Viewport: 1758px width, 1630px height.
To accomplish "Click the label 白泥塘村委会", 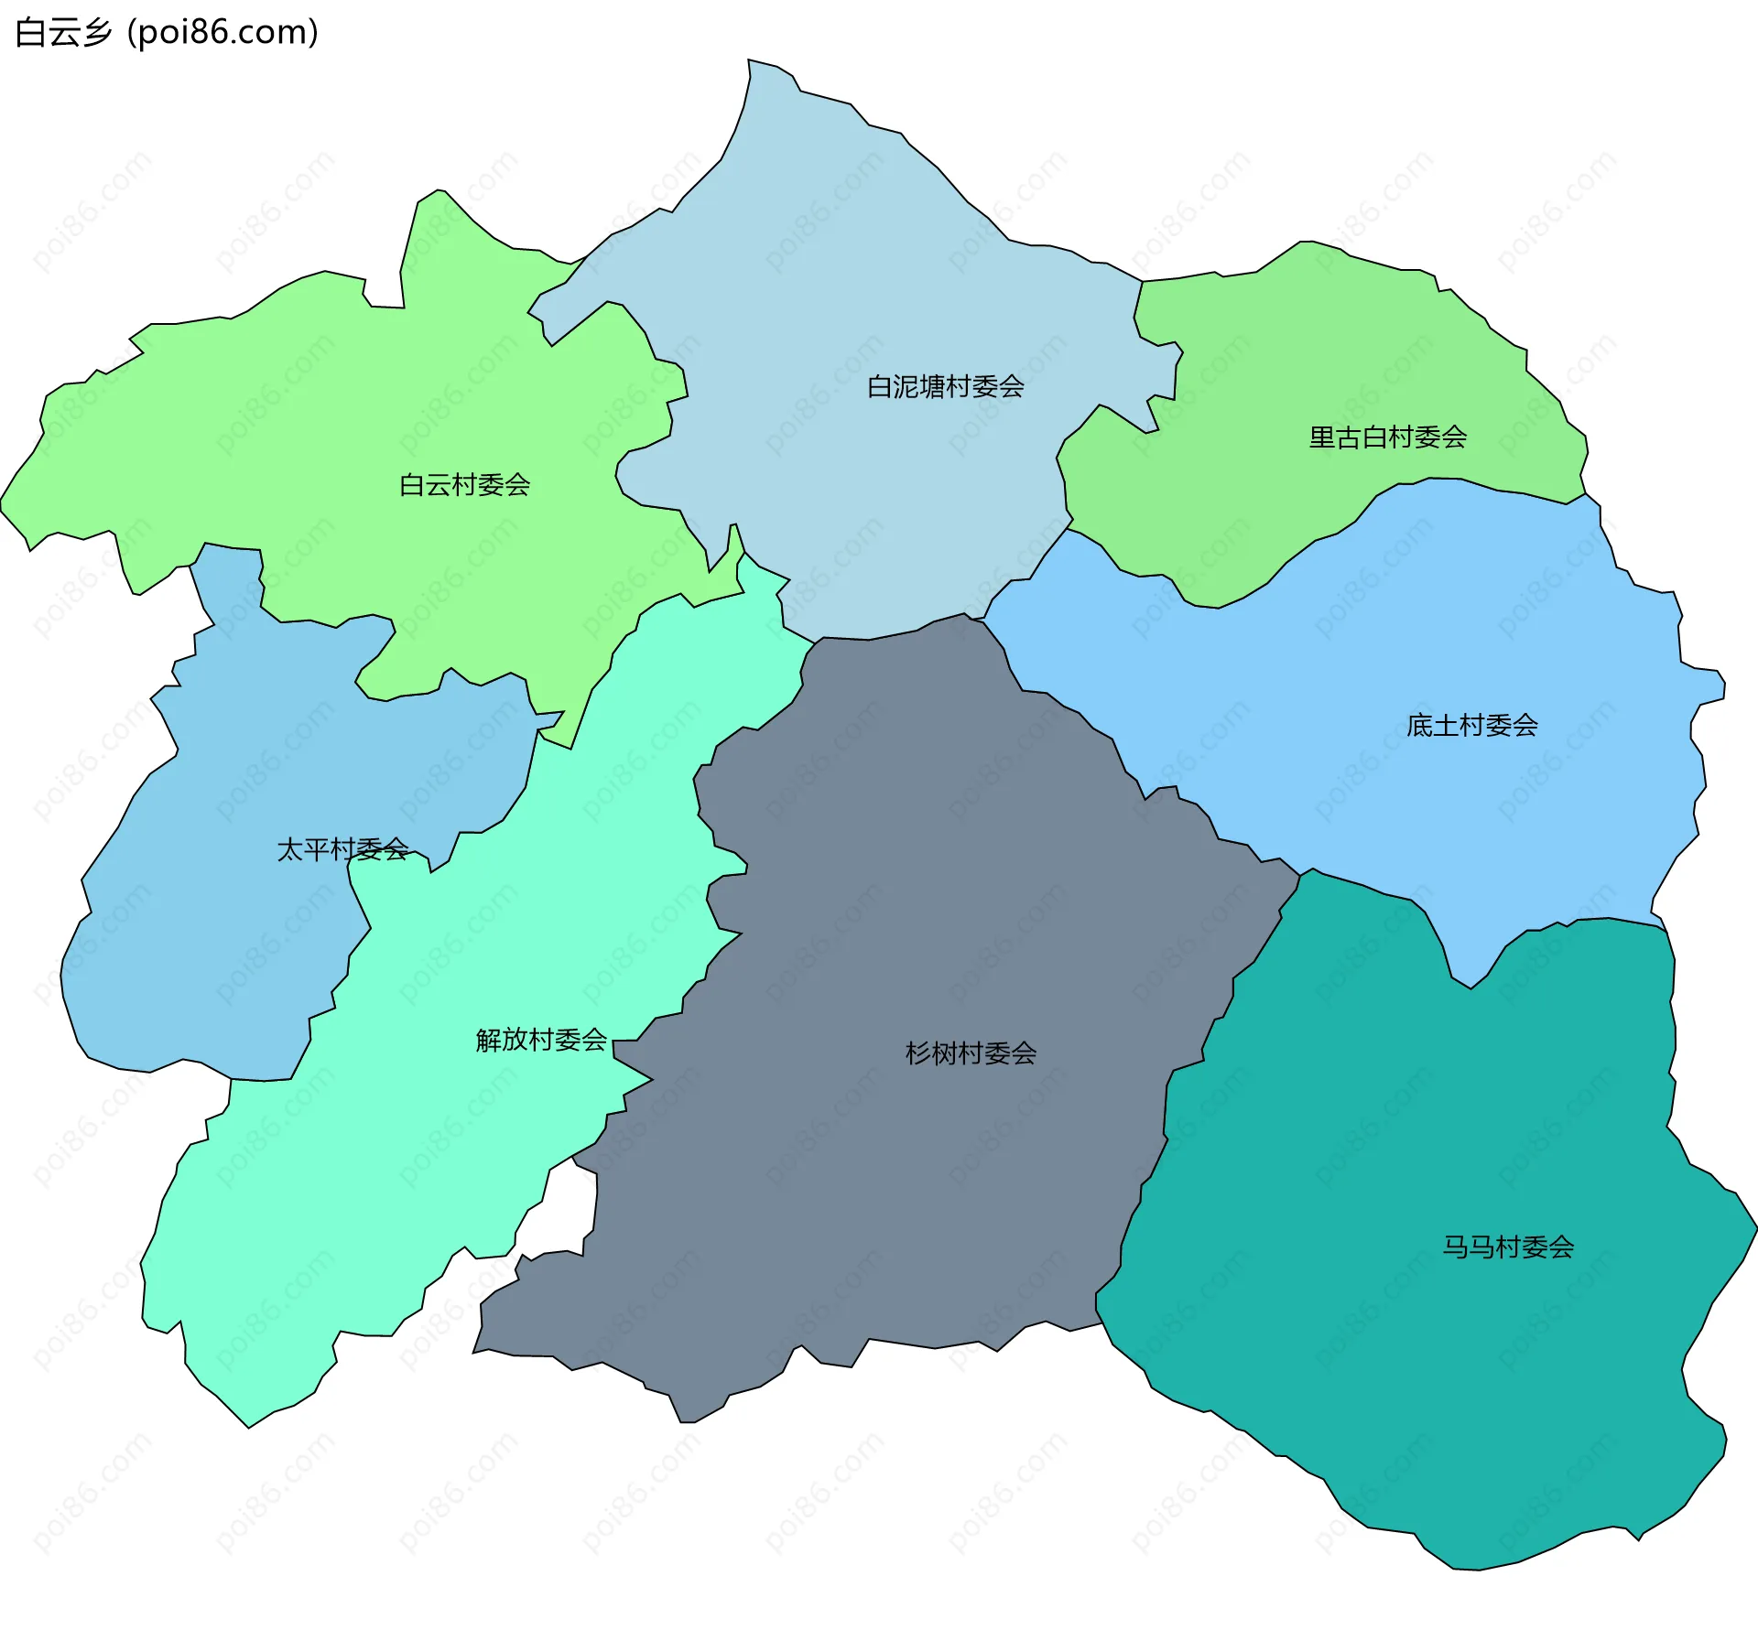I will coord(945,387).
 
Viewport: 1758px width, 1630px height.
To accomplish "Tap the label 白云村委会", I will coord(464,485).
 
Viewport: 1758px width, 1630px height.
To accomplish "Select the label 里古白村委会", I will coord(1387,437).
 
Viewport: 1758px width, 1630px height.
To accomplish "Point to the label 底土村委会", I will coord(1471,726).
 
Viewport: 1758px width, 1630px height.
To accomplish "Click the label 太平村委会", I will coord(342,850).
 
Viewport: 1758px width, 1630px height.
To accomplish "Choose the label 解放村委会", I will coord(541,1040).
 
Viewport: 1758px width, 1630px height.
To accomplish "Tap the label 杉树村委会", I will coord(971,1053).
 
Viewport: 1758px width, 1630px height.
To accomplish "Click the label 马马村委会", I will coord(1508,1247).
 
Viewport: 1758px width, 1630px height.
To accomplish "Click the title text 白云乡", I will coord(63,33).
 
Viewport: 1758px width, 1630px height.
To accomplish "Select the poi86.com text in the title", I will coord(222,33).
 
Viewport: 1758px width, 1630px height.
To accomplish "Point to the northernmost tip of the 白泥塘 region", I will coord(749,61).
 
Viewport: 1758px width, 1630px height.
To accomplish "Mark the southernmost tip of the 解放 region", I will coord(249,1426).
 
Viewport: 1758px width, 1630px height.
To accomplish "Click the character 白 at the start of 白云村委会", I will coord(412,485).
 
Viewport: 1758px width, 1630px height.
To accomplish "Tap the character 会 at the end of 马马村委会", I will coord(1561,1247).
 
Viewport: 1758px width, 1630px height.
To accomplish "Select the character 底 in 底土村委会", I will coord(1419,726).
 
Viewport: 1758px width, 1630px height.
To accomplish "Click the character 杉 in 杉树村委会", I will coord(917,1053).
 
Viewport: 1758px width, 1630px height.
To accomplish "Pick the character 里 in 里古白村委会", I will coord(1321,437).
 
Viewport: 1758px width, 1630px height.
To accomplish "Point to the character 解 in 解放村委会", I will coord(488,1040).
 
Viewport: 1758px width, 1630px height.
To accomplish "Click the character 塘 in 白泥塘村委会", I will coord(932,387).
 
